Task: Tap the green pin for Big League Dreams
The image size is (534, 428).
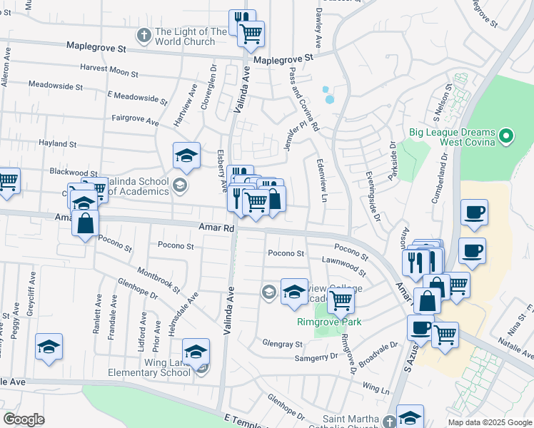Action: [x=506, y=134]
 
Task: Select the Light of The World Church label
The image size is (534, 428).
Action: [x=191, y=36]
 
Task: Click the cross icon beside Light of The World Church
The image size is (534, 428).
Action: [x=143, y=34]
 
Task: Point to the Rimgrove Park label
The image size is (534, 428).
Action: [x=329, y=322]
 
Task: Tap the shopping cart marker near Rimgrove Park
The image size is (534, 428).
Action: [x=341, y=302]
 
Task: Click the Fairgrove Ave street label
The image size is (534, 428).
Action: [x=135, y=121]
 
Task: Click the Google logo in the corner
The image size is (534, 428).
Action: [x=24, y=419]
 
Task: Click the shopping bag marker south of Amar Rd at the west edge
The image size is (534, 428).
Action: [x=86, y=223]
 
